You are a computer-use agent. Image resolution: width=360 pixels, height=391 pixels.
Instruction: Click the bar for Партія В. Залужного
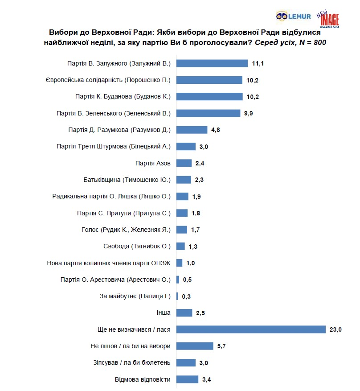(212, 63)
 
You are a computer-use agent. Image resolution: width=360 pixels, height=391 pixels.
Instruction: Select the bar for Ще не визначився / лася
(251, 329)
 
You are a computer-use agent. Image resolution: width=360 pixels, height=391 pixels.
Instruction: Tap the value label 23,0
(335, 329)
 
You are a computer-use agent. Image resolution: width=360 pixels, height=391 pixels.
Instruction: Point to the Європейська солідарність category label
(108, 80)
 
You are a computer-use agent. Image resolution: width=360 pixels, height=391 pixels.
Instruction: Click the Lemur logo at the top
(293, 16)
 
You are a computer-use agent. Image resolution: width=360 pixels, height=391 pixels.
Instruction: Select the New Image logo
(329, 19)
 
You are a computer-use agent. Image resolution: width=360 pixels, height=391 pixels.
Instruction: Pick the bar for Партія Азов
(184, 163)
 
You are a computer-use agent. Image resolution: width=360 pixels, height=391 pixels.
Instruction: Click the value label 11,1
(258, 63)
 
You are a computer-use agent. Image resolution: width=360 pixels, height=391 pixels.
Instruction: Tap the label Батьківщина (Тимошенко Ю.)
(127, 180)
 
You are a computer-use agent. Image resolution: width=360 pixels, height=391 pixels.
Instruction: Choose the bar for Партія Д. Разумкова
(192, 130)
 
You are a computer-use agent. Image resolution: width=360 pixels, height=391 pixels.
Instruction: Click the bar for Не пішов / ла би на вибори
(195, 346)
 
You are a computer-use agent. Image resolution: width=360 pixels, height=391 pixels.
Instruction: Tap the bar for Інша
(184, 313)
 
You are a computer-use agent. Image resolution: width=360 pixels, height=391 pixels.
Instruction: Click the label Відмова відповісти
(143, 379)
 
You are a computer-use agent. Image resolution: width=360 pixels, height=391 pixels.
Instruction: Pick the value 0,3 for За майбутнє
(187, 296)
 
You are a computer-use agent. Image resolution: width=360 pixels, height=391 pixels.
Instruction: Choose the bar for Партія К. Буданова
(209, 96)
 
